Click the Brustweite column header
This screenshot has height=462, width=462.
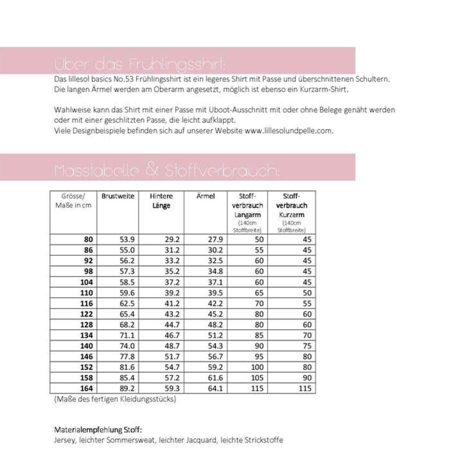[x=118, y=196]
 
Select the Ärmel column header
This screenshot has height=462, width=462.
[x=205, y=196]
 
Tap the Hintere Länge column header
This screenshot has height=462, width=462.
[x=161, y=201]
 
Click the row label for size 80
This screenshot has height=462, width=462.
[x=88, y=240]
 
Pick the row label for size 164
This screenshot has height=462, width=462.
[x=86, y=388]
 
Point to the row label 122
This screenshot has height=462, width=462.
[x=86, y=314]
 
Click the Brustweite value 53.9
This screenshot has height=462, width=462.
[x=127, y=240]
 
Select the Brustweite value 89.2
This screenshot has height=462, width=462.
[x=127, y=388]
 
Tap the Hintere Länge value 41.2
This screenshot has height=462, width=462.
[x=172, y=303]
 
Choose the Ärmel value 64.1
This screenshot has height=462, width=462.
[x=215, y=388]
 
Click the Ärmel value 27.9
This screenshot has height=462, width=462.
[x=215, y=240]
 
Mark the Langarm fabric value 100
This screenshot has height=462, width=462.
[x=257, y=367]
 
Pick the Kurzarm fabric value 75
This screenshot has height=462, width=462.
[x=307, y=346]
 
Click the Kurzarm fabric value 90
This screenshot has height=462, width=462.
[x=307, y=378]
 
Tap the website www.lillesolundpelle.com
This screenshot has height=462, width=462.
[x=289, y=131]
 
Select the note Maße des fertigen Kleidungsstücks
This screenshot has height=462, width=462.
[x=115, y=399]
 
